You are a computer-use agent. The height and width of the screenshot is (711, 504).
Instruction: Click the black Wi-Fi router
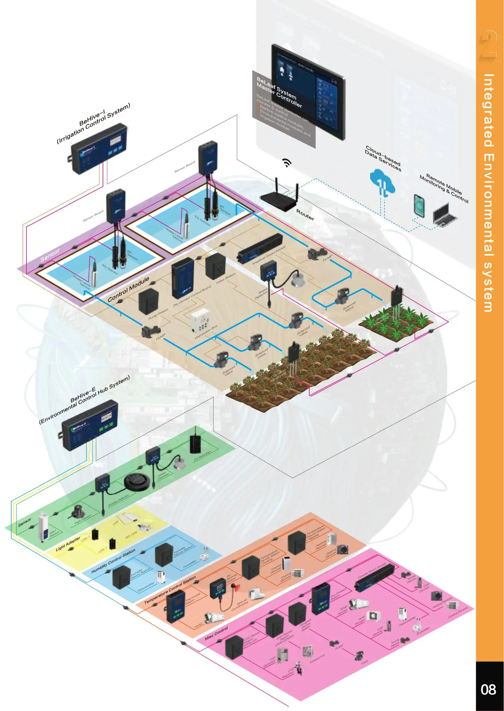tap(280, 200)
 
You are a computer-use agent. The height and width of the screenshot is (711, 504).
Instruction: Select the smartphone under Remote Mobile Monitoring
tap(419, 206)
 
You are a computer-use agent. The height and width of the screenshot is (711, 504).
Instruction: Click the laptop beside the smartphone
tap(444, 215)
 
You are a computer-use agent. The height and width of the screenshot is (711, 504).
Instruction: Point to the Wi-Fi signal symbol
tap(287, 162)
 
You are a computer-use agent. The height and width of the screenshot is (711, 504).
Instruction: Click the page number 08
tap(489, 690)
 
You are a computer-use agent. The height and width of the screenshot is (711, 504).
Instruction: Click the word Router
tap(305, 215)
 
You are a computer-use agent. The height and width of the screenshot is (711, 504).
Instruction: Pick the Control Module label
tap(128, 289)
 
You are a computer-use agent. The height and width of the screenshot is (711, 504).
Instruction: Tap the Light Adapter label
tap(68, 543)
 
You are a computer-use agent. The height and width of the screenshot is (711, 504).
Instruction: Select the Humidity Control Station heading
tap(113, 561)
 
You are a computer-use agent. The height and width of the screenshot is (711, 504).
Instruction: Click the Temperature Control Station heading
tap(170, 590)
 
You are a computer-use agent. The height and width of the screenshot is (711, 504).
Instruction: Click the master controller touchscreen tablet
tap(309, 92)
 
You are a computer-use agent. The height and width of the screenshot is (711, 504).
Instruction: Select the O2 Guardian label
tap(202, 456)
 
